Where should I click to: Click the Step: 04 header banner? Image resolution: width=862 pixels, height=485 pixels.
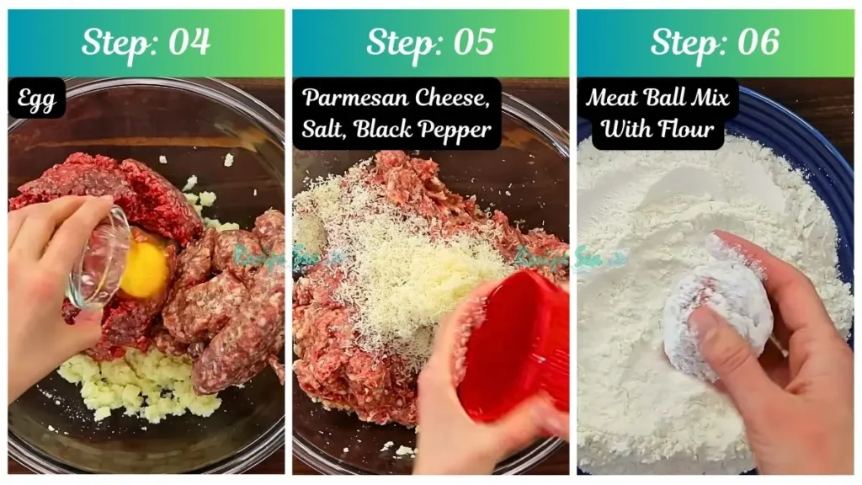[x=146, y=43]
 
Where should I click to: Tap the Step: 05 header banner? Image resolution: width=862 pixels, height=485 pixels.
[x=430, y=43]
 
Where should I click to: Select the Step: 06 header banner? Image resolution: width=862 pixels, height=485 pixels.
[x=715, y=43]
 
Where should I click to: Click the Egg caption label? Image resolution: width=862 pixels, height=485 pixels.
[x=37, y=100]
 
